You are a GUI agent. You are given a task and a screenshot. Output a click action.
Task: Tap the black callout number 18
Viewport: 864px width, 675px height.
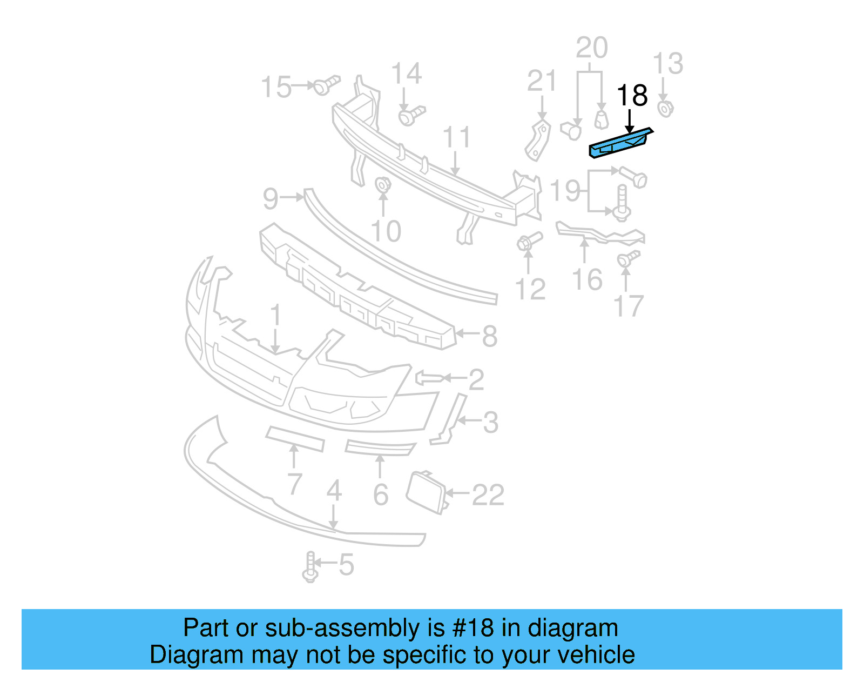632,96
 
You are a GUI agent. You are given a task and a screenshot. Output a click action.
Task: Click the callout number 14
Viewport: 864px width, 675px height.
406,74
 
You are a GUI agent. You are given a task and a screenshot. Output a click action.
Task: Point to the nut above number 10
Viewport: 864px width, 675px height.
382,185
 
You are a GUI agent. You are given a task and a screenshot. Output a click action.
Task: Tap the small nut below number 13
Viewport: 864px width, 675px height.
665,109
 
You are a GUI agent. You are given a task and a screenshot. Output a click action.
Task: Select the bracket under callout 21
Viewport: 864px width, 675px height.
538,141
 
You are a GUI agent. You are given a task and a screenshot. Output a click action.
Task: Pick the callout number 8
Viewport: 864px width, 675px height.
489,336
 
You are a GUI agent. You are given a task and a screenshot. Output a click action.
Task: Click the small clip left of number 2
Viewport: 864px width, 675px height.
430,377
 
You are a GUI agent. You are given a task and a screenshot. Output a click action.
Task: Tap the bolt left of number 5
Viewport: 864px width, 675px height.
310,567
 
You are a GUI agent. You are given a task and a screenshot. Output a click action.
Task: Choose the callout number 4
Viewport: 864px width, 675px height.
334,491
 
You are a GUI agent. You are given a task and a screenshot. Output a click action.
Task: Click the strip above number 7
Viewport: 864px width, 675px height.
295,438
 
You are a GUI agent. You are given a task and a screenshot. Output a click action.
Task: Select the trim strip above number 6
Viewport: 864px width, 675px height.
380,448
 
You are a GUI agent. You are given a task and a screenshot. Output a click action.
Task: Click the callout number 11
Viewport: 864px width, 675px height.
457,138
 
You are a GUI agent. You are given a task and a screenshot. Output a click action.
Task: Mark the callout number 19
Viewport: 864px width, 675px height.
565,191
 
